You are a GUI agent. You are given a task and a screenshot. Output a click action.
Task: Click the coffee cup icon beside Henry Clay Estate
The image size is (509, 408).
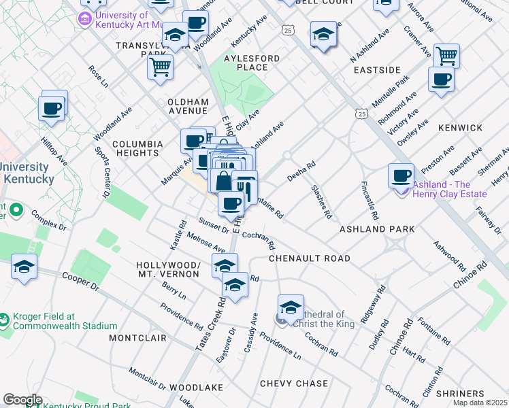point(401,176)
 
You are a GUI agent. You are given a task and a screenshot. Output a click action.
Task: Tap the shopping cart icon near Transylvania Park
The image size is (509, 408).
point(160,67)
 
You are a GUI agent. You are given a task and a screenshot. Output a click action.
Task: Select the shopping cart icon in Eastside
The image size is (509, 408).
point(446,55)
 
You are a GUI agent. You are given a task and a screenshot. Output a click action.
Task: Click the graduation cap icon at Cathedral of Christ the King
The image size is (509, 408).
point(291,307)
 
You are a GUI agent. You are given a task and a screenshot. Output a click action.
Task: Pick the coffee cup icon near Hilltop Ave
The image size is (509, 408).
point(52,107)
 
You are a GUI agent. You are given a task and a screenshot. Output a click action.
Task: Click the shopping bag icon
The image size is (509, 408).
point(223,181)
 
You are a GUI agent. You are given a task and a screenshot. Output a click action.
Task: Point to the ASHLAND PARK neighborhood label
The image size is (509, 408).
point(377,230)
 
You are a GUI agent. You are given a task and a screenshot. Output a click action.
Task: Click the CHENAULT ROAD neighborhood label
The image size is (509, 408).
point(309,258)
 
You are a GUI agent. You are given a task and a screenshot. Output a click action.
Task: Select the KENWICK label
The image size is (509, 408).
point(460,128)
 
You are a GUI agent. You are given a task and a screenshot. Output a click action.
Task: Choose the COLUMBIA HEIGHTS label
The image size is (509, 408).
point(137,148)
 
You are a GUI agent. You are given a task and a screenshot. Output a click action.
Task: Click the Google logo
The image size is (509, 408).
point(22,400)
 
